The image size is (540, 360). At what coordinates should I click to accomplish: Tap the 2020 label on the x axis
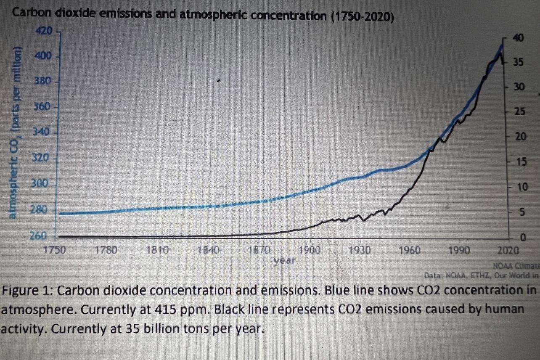[x=509, y=251]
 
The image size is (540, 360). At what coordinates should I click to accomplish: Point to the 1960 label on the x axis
[x=409, y=251]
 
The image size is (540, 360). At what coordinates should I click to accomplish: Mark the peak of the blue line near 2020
[x=502, y=44]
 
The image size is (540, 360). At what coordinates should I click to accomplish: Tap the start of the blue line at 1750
[x=60, y=214]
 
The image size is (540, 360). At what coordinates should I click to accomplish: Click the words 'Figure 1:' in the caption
[x=28, y=291]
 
